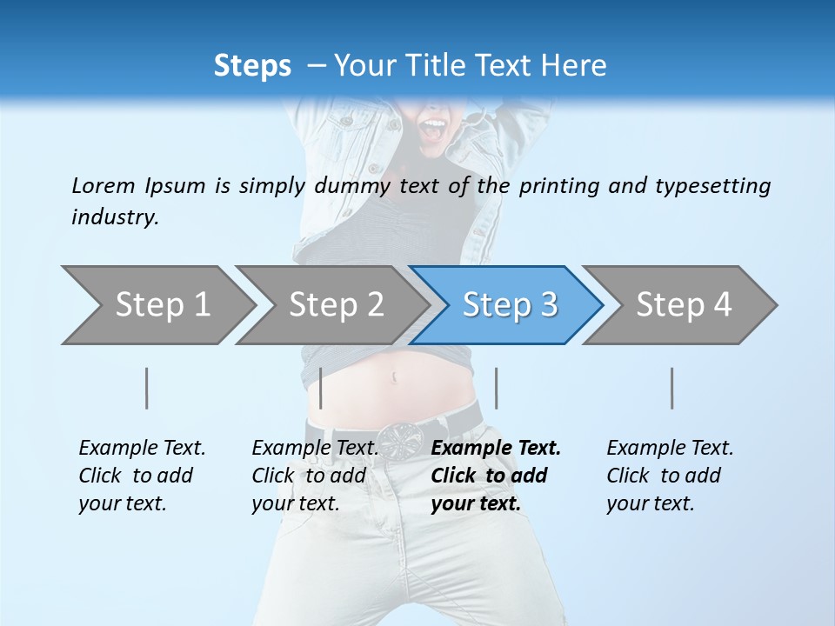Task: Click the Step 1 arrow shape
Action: coord(157,305)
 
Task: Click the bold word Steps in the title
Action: coord(252,65)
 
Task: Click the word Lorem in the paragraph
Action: coord(103,185)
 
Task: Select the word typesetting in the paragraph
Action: coord(712,186)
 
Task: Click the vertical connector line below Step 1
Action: coord(147,388)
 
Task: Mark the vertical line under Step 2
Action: coord(321,388)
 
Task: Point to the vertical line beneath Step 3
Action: coord(496,388)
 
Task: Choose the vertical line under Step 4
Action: coord(672,388)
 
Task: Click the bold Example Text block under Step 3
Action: coord(496,476)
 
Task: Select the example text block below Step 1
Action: coord(142,476)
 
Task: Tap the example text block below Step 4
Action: coord(670,476)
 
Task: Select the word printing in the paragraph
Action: coord(556,186)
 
